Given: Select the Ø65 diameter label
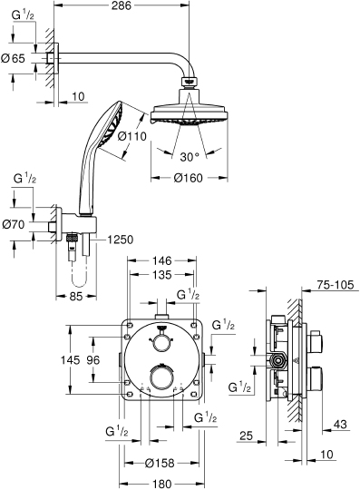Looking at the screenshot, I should click(x=15, y=58).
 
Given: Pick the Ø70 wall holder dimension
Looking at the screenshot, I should click(x=15, y=223).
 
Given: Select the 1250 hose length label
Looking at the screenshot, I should click(x=122, y=240).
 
